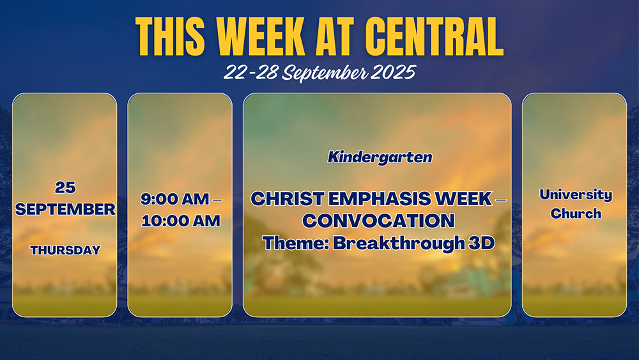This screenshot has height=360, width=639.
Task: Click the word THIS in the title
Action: pos(170,36)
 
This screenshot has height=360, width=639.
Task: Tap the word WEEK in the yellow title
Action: pos(261,36)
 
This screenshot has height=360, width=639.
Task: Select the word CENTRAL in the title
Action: pos(434,36)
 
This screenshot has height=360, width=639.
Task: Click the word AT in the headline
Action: pos(335,36)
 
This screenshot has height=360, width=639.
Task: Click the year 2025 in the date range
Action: pos(393,72)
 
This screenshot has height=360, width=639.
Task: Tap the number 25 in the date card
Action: pos(65,187)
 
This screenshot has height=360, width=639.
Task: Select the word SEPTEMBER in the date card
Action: pos(65,209)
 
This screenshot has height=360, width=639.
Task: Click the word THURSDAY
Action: pos(65,250)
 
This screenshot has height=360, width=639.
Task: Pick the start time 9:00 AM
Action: pos(175,199)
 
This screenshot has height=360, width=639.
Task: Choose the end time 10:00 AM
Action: pos(181,221)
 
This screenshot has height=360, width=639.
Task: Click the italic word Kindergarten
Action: pos(380,157)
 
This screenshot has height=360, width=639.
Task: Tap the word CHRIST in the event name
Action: pos(288,199)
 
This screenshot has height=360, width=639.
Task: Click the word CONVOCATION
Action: pos(378,221)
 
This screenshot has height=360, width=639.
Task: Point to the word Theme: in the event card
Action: pos(296,244)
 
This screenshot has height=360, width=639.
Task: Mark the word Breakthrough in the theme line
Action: pos(399,244)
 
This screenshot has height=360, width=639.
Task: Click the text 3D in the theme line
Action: pos(482,244)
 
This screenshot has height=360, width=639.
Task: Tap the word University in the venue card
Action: pos(576,195)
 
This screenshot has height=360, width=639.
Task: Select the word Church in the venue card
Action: pos(576,213)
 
